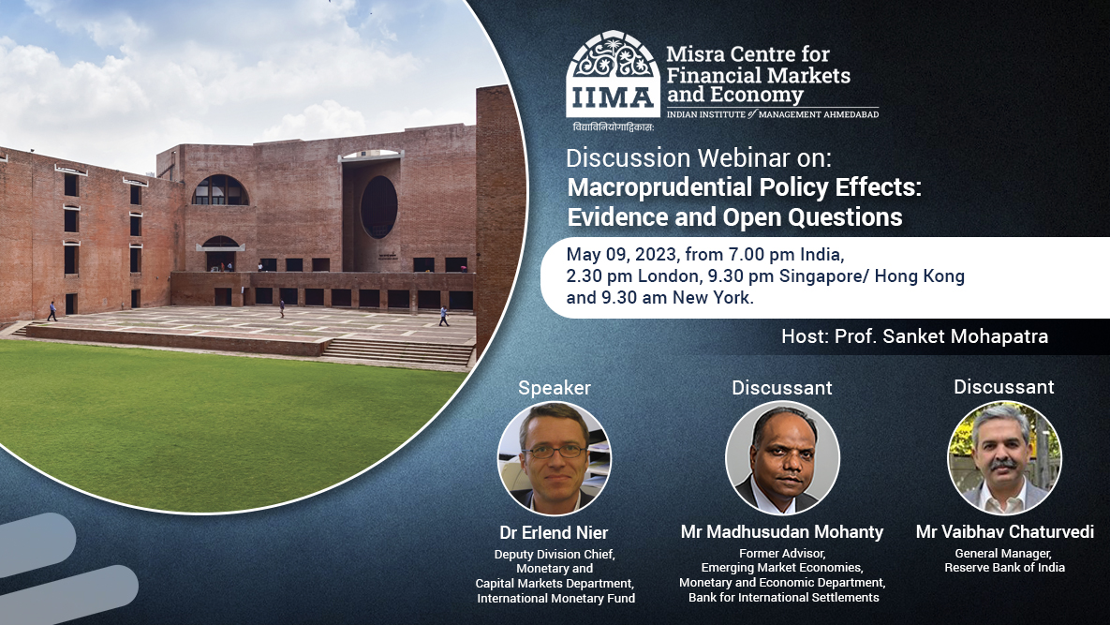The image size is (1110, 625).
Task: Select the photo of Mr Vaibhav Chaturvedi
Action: click(1004, 457)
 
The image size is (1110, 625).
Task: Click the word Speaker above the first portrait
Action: click(555, 387)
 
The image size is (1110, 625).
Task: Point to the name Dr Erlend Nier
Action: click(554, 532)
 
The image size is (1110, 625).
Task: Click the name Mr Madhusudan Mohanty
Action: click(782, 532)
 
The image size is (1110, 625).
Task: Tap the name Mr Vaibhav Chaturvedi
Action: click(1004, 532)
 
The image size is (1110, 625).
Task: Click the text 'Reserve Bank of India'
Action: click(1004, 568)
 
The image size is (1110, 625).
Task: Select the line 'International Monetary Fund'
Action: click(555, 598)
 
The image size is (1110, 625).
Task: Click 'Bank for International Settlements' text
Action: click(783, 598)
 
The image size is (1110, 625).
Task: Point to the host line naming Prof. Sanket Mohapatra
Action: click(914, 336)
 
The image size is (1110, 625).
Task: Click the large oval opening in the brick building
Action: click(378, 207)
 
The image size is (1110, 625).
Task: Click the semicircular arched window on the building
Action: click(220, 190)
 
